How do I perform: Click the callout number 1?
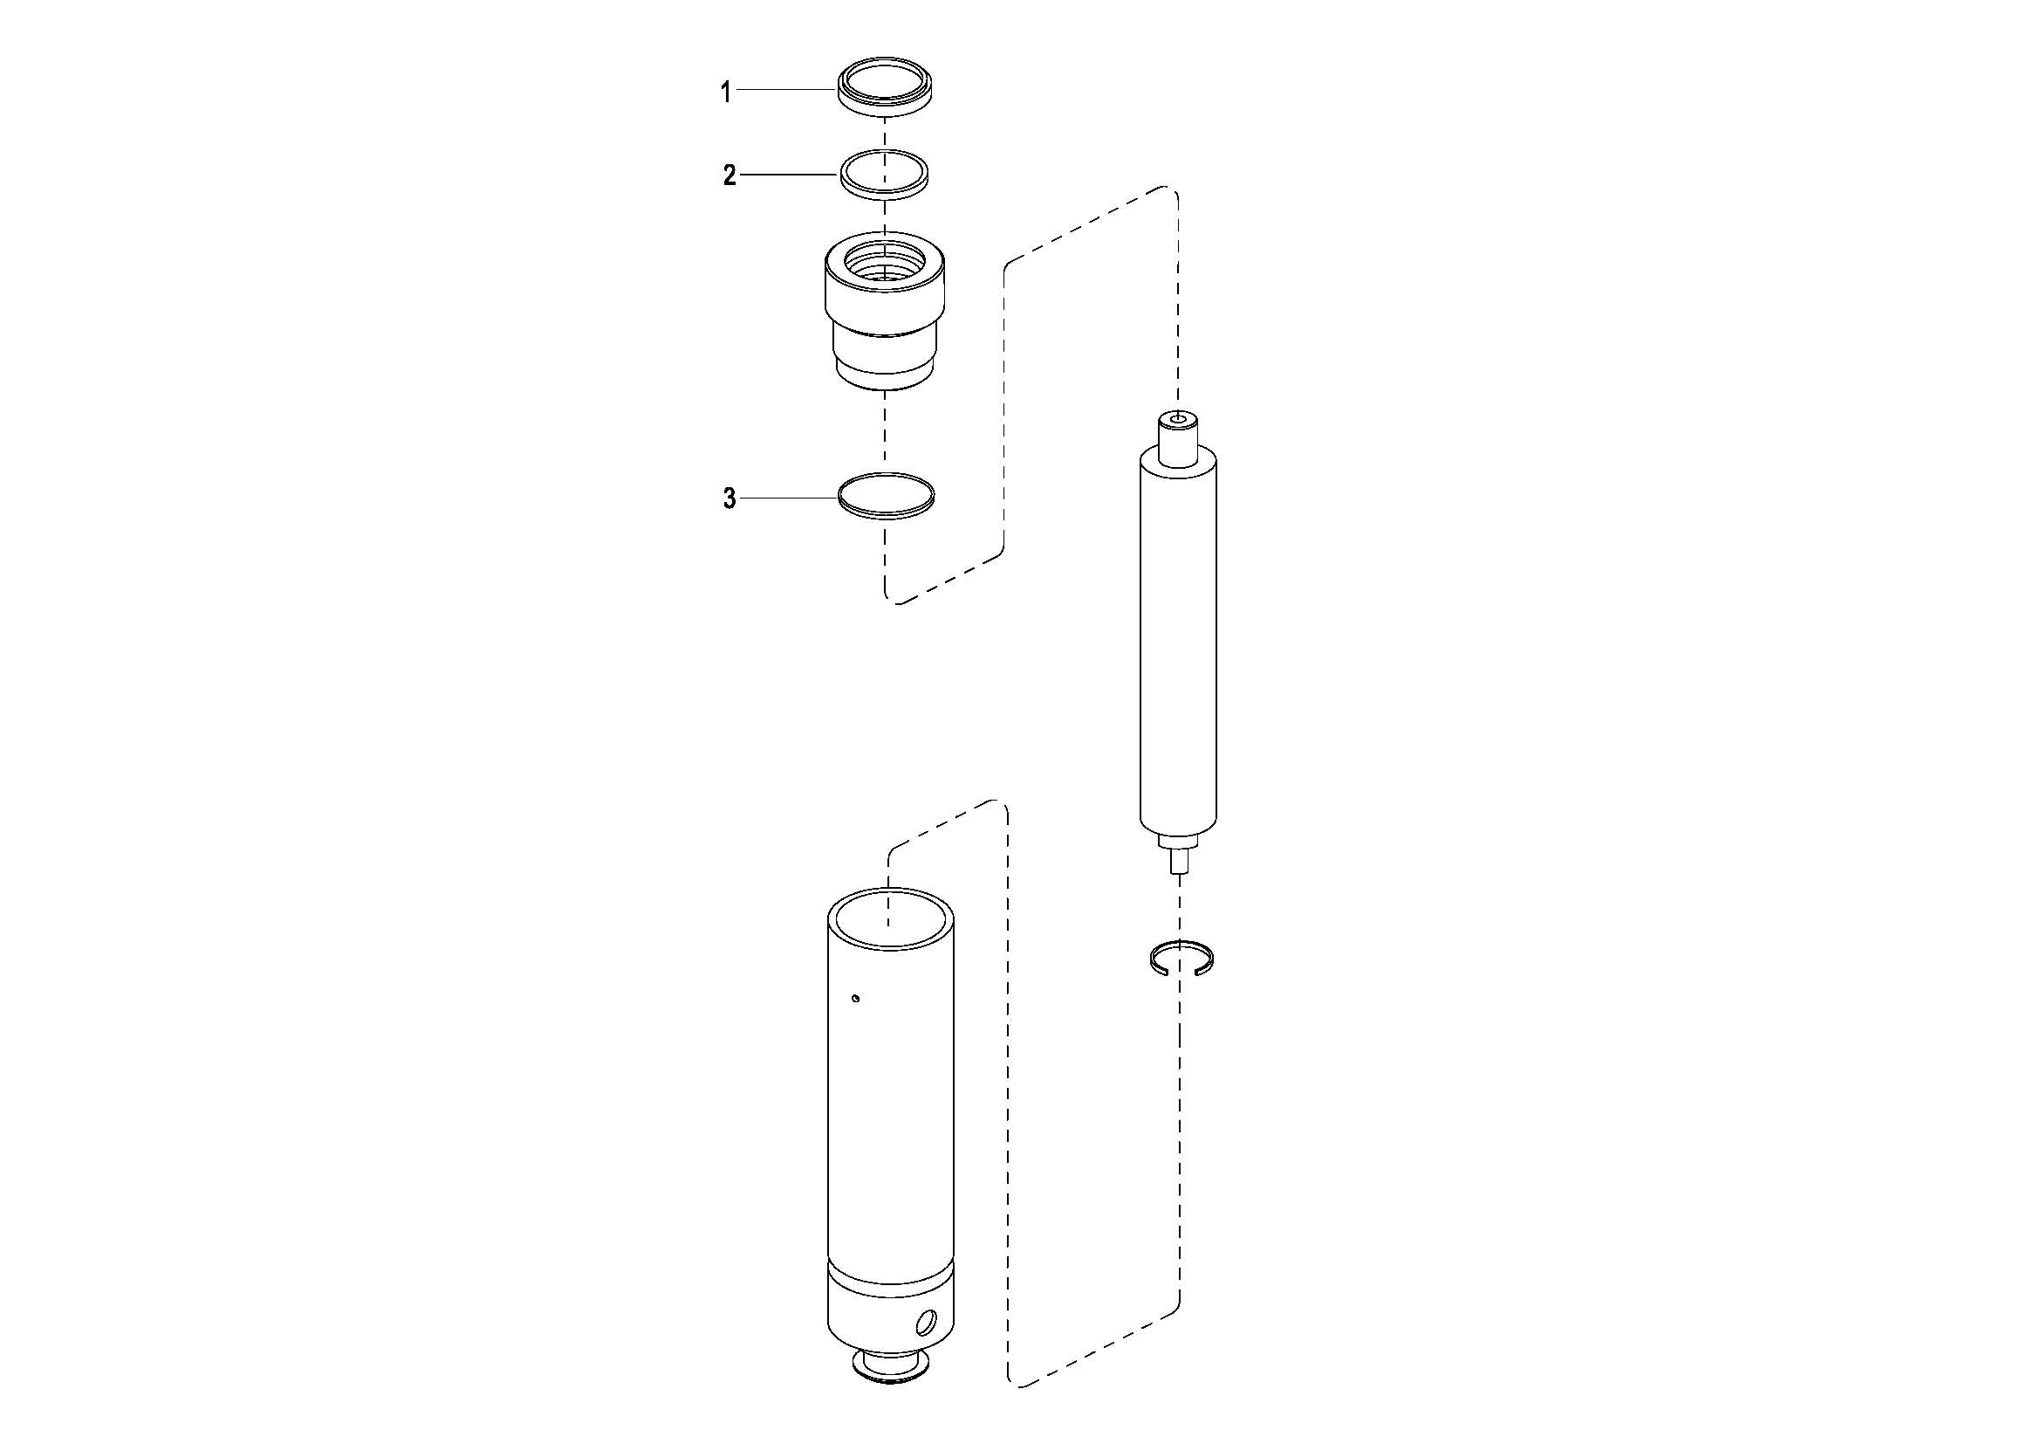click(726, 92)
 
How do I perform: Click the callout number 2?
click(729, 176)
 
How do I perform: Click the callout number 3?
click(729, 499)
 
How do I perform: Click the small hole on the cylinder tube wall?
click(855, 998)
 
